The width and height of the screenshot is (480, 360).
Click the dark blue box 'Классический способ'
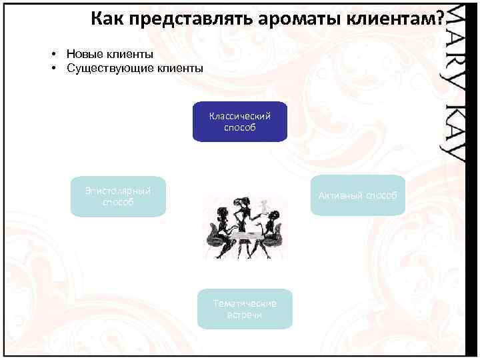240,122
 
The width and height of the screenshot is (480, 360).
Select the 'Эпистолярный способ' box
118,197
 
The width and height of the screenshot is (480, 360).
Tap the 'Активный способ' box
357,195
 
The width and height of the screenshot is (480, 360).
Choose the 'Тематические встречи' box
245,309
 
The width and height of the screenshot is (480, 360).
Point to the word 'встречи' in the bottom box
244,315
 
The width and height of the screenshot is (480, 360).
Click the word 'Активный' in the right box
340,195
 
